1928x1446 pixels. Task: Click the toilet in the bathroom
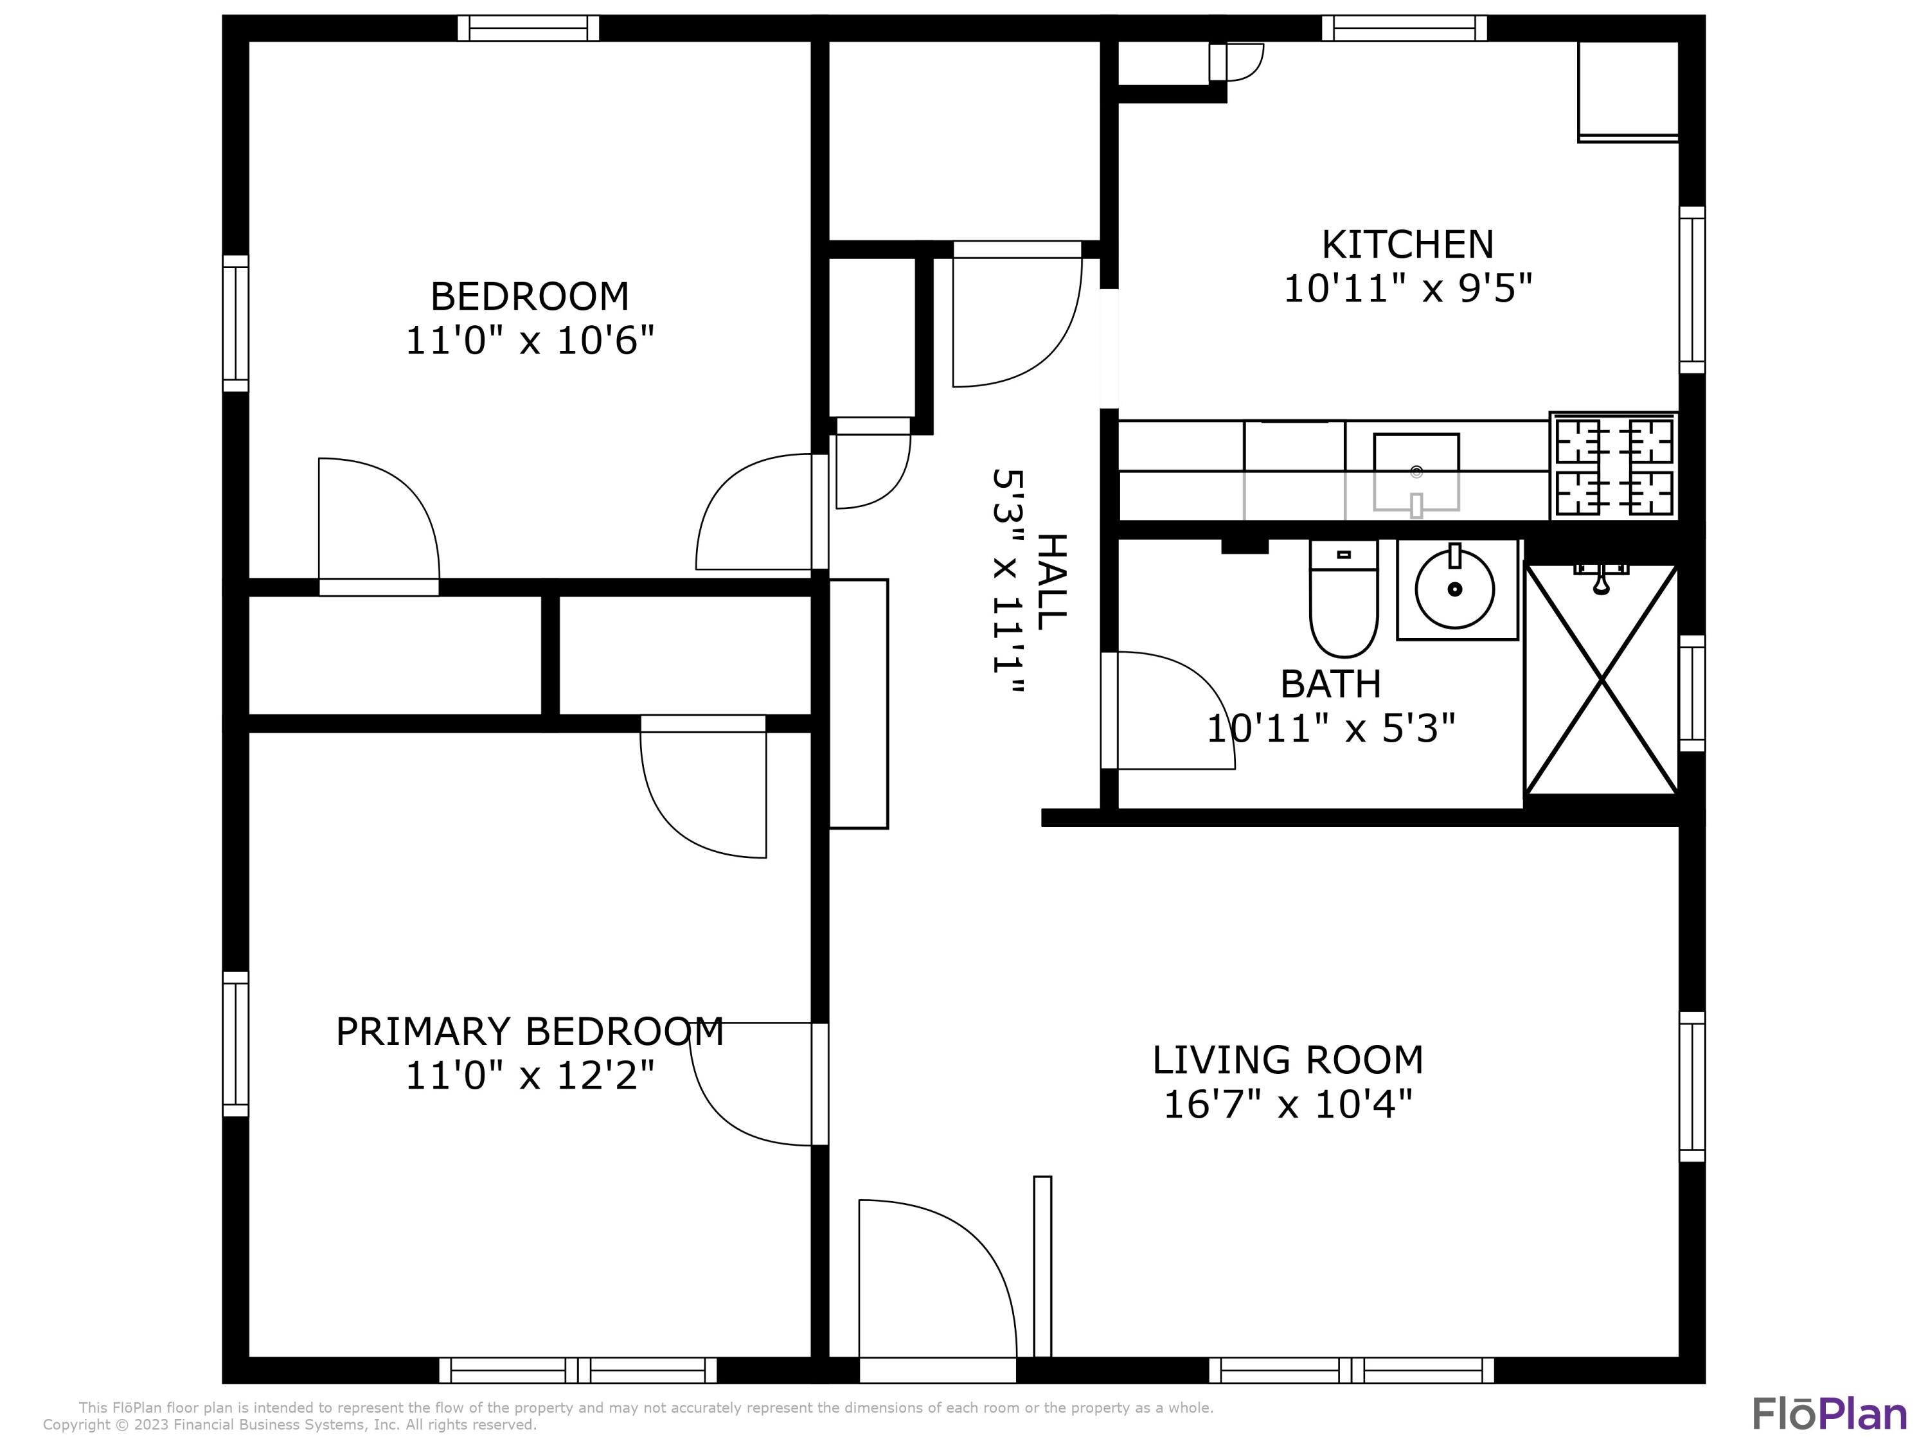tap(1343, 602)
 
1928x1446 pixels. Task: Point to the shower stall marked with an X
tap(1601, 680)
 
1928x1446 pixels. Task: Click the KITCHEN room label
tap(1407, 245)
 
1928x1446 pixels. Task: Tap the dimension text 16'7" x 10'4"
tap(1287, 1105)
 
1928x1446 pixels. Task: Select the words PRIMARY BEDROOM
tap(529, 1032)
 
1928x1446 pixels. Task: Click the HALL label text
tap(1051, 582)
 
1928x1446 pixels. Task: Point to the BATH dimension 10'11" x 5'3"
tap(1330, 729)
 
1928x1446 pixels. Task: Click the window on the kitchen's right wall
tap(1691, 290)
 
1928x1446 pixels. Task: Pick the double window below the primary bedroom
tap(577, 1370)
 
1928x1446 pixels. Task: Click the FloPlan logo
tap(1828, 1414)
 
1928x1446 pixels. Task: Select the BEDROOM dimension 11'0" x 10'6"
tap(529, 340)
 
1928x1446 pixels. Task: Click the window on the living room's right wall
tap(1691, 1087)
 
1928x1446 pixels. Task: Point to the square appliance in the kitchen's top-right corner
tap(1627, 91)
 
